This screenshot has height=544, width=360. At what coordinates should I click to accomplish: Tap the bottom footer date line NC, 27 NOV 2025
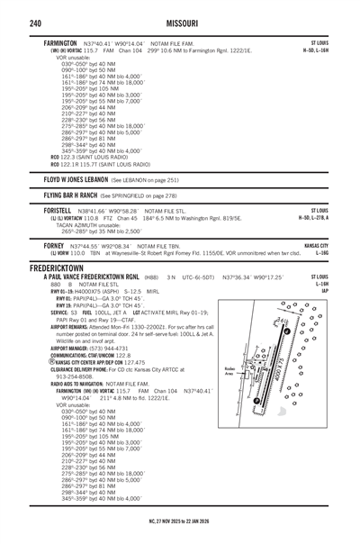[x=180, y=537]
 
